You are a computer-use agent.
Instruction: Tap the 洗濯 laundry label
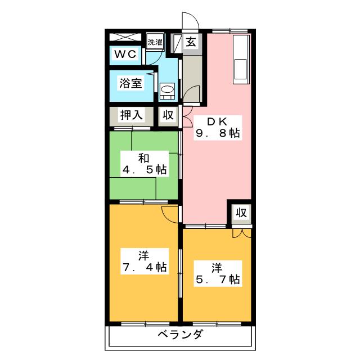tap(155, 42)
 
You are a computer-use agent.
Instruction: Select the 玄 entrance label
tap(191, 42)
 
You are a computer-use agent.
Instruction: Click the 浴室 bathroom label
tap(130, 84)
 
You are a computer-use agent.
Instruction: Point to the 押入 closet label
tap(131, 115)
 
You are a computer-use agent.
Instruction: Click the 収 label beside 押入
tap(168, 115)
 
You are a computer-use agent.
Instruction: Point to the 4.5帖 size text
tap(146, 169)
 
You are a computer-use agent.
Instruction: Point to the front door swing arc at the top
tap(190, 20)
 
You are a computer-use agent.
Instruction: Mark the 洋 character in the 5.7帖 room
tap(218, 265)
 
